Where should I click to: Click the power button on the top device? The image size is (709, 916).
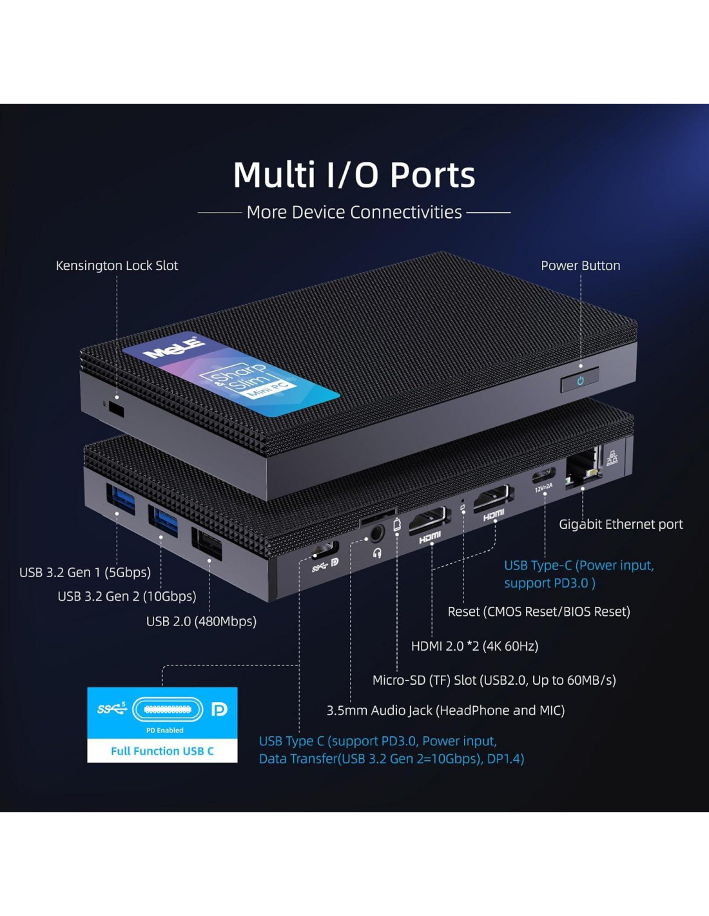pyautogui.click(x=580, y=380)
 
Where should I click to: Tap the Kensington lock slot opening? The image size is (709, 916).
pyautogui.click(x=117, y=409)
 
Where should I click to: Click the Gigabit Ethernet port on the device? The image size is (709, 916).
pyautogui.click(x=582, y=469)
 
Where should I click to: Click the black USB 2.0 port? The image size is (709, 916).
pyautogui.click(x=207, y=543)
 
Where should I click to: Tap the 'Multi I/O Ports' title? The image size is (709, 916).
pyautogui.click(x=354, y=175)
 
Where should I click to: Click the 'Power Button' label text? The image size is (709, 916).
pyautogui.click(x=580, y=265)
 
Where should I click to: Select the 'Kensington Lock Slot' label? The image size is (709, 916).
pyautogui.click(x=117, y=265)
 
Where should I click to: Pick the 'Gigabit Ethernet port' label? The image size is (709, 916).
pyautogui.click(x=620, y=524)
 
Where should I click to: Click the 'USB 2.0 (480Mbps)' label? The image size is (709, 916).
pyautogui.click(x=201, y=621)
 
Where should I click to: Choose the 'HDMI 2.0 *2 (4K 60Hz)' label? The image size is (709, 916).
pyautogui.click(x=474, y=646)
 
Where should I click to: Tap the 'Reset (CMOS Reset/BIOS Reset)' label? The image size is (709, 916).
pyautogui.click(x=538, y=611)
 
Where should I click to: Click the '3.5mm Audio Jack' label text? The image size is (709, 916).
pyautogui.click(x=445, y=711)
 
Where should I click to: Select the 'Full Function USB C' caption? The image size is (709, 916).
pyautogui.click(x=162, y=751)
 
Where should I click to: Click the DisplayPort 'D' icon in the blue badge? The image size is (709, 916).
pyautogui.click(x=219, y=709)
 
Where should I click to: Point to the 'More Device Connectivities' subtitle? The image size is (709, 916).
pyautogui.click(x=354, y=212)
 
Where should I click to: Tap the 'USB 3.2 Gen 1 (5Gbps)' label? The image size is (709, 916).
pyautogui.click(x=85, y=572)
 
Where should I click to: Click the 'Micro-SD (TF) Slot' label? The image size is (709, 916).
pyautogui.click(x=494, y=680)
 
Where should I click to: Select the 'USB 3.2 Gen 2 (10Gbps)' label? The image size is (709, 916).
pyautogui.click(x=127, y=596)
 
